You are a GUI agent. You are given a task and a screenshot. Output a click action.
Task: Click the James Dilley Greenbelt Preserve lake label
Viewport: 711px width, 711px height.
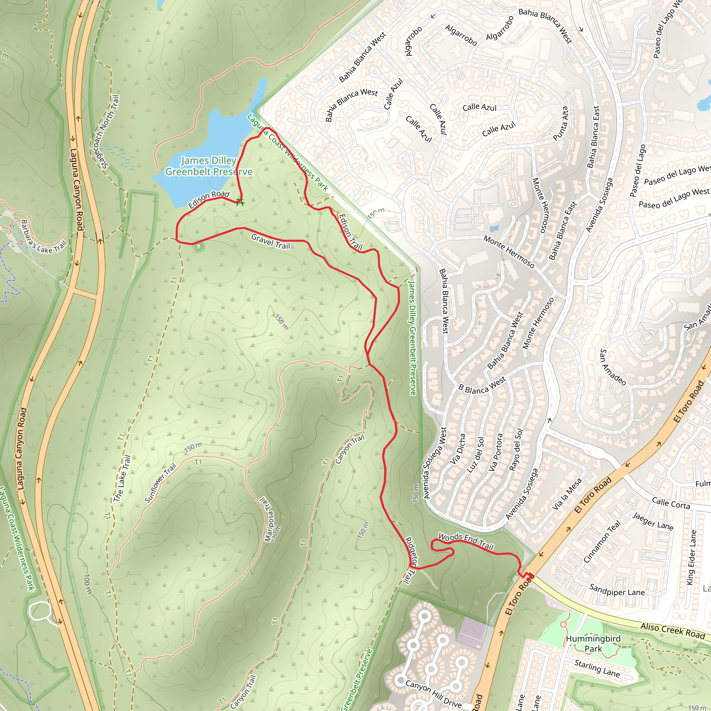pos(209,166)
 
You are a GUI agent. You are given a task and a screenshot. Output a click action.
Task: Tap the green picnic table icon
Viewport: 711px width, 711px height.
pos(240,202)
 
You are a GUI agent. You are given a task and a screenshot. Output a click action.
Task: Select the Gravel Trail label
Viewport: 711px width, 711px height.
pos(270,241)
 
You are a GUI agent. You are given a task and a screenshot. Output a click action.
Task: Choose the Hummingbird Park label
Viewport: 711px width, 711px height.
pos(593,644)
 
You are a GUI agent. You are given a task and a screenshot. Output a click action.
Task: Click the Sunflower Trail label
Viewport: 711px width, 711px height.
pos(160,483)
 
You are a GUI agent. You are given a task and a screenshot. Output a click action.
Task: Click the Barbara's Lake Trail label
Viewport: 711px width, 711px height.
pos(43,237)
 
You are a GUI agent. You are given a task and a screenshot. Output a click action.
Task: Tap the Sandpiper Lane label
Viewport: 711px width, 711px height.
pos(617,589)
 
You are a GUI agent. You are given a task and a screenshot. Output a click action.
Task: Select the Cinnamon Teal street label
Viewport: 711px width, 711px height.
pos(602,541)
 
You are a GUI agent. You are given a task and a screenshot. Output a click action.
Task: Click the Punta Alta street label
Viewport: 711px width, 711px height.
pos(560,124)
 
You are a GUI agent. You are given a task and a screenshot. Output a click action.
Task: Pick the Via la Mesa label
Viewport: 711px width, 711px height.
pos(567,494)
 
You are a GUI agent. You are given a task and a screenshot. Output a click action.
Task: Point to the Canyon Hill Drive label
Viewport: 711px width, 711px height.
pos(433,693)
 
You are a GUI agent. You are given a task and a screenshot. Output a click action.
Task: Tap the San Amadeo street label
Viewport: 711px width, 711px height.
pos(613,367)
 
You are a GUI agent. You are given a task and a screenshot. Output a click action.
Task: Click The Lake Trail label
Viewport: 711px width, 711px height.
pos(122,478)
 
